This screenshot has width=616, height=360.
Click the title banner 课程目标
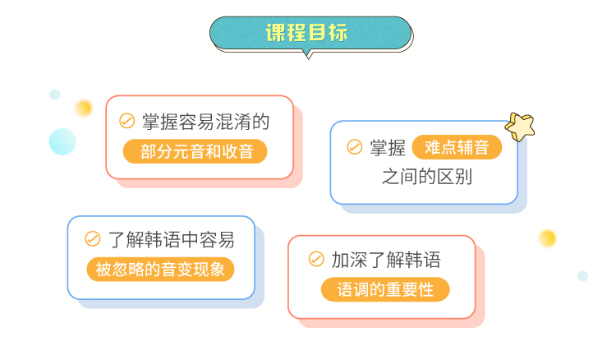308,33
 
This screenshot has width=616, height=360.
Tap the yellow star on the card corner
520,126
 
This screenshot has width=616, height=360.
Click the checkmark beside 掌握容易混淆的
126,122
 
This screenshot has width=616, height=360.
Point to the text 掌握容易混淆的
206,122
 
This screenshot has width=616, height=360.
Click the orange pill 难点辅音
457,147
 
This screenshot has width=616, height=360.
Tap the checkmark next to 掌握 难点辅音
355,147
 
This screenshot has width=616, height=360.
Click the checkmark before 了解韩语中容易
93,240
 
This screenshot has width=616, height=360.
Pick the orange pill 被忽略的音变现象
160,270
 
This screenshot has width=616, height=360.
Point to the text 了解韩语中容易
171,240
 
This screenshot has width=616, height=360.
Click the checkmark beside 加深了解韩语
316,260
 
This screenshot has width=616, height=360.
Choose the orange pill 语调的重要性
385,289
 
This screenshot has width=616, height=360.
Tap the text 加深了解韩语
386,260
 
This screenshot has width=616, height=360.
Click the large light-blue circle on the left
62,141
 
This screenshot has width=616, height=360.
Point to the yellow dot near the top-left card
84,108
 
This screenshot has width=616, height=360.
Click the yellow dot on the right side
547,238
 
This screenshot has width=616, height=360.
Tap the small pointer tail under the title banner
308,53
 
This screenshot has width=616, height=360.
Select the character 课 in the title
277,33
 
